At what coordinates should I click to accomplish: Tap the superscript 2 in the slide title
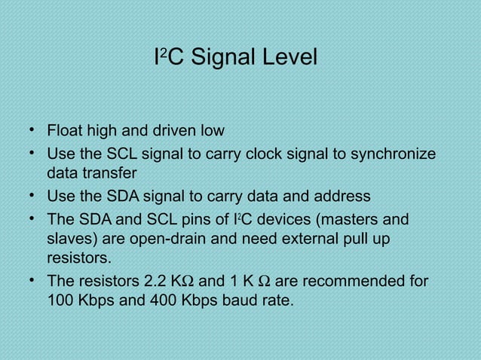pyautogui.click(x=164, y=53)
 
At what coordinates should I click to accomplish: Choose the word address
pyautogui.click(x=339, y=197)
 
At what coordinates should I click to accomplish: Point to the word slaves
pyautogui.click(x=70, y=239)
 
